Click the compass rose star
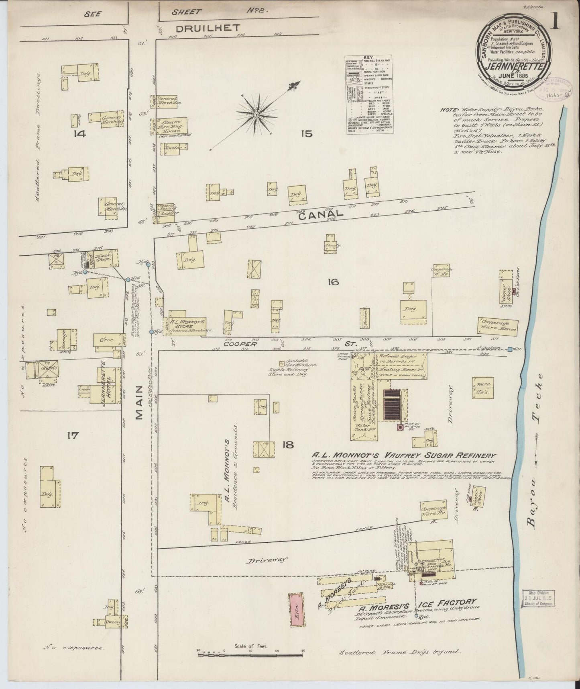pyautogui.click(x=256, y=115)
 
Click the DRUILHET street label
pyautogui.click(x=208, y=27)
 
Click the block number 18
pyautogui.click(x=288, y=445)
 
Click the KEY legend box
pyautogui.click(x=369, y=95)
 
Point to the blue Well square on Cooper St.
pyautogui.click(x=510, y=349)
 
